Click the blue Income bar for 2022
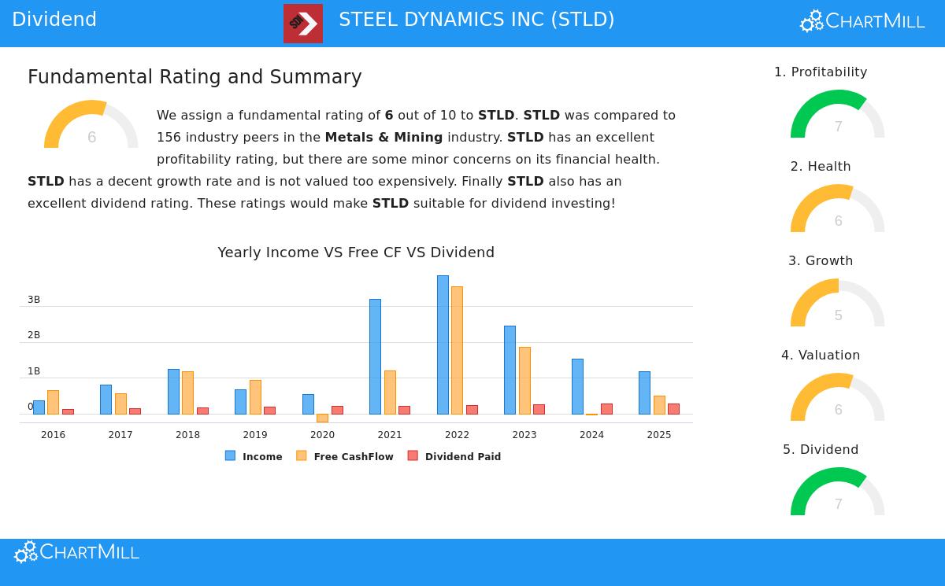[x=443, y=345]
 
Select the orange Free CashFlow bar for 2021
[x=390, y=392]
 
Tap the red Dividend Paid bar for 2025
[x=673, y=408]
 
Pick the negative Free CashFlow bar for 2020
[x=322, y=418]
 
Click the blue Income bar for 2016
[x=39, y=407]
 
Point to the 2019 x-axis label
[x=255, y=435]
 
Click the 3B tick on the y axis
[x=34, y=300]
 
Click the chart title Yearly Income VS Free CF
[x=356, y=252]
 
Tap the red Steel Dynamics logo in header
[x=303, y=24]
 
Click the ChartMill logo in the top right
[x=862, y=21]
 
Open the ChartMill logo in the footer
[x=76, y=552]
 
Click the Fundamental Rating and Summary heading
[x=195, y=77]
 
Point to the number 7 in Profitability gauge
[x=839, y=127]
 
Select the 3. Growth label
[x=821, y=261]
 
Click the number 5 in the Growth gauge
[x=839, y=315]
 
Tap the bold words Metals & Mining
[x=384, y=138]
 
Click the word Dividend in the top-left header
[x=54, y=20]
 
